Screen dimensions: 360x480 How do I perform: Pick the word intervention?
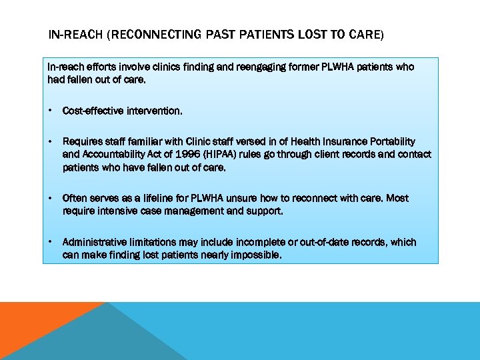click(x=151, y=111)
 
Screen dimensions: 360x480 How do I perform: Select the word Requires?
click(x=81, y=141)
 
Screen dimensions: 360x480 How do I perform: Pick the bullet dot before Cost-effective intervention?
click(x=51, y=111)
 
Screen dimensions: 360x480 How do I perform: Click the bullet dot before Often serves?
click(x=51, y=198)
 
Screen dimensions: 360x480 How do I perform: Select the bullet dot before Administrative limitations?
click(x=51, y=242)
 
